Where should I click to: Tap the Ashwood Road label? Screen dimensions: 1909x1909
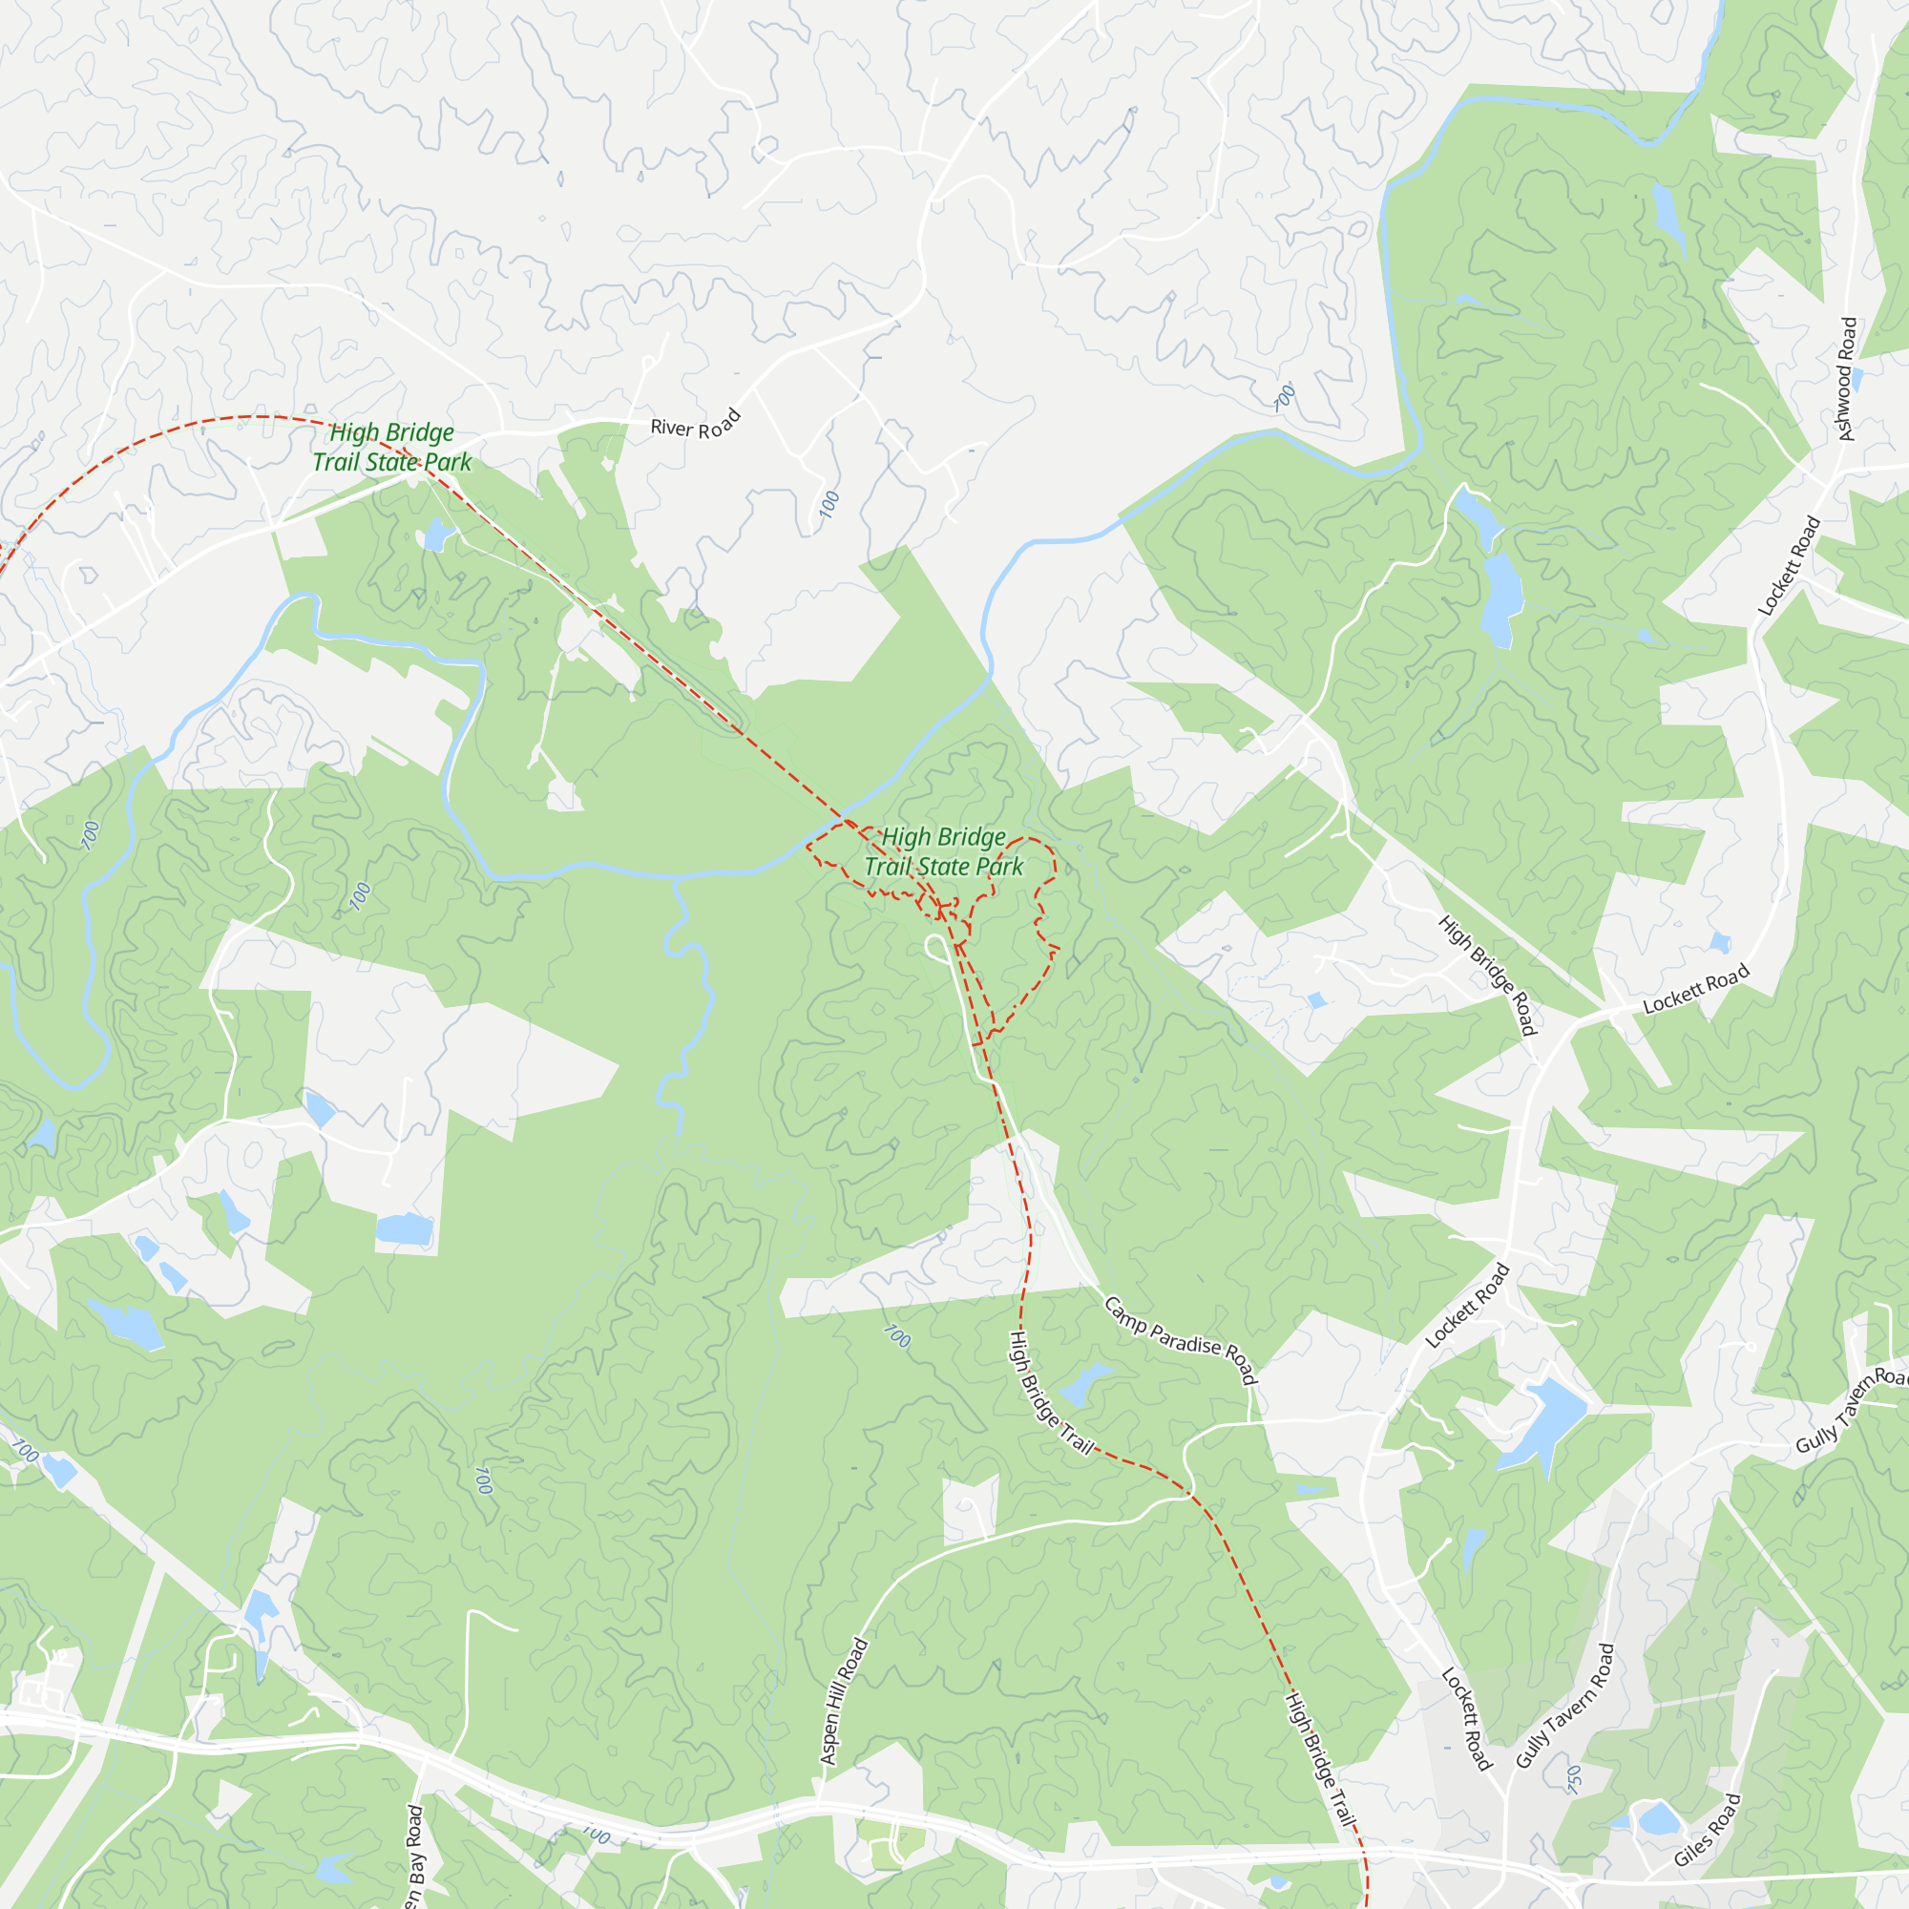click(1846, 378)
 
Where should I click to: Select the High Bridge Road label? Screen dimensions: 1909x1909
click(1486, 975)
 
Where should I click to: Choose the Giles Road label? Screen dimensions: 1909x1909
click(1707, 1829)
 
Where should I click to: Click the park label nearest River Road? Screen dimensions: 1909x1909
click(391, 447)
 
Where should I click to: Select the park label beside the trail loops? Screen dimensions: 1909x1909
click(944, 851)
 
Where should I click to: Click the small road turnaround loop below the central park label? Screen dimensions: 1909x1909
click(936, 948)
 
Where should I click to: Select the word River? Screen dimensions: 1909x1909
click(672, 427)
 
